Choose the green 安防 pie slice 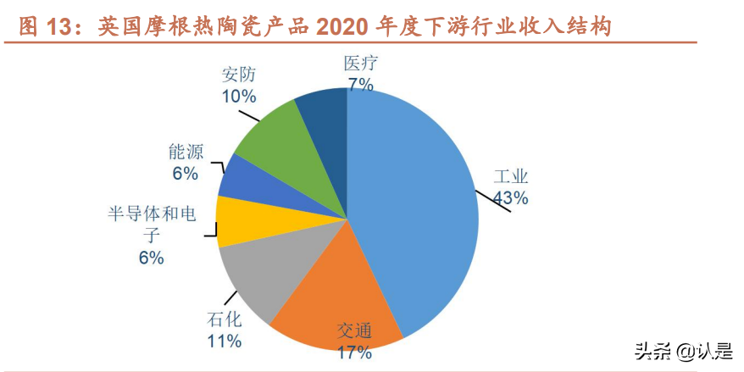pos(271,136)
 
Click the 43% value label pos(512,198)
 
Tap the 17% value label pos(354,352)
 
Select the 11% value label pos(224,341)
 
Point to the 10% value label pos(239,96)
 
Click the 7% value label pos(360,83)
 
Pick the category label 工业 pos(511,178)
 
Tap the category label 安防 pos(238,75)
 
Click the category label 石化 pos(224,321)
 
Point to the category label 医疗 pos(359,63)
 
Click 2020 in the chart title pos(344,27)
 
